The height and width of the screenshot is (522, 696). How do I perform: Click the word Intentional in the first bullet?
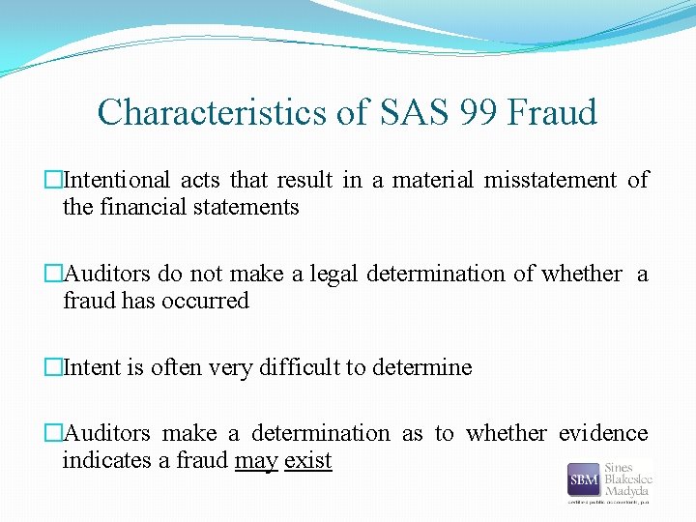[x=117, y=180]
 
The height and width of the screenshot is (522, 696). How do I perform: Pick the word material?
[x=433, y=180]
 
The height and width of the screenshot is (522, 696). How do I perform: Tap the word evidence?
[x=603, y=434]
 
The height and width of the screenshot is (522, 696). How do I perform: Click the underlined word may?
[x=256, y=461]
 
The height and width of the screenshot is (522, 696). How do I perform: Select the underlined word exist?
[x=308, y=460]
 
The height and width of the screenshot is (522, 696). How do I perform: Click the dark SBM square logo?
[x=584, y=480]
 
